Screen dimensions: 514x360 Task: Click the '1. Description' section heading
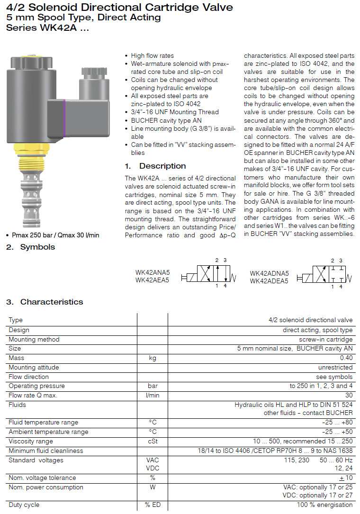155,166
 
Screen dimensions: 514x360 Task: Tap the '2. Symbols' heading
30,247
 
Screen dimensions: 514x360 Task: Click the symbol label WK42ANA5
152,272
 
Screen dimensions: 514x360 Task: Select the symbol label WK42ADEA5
269,281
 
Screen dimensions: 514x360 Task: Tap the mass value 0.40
346,358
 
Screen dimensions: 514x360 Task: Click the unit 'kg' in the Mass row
152,358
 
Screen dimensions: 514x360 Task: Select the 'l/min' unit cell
152,396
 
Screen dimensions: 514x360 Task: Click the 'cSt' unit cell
152,441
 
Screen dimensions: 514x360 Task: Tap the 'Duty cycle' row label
24,505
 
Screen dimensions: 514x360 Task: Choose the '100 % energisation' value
324,505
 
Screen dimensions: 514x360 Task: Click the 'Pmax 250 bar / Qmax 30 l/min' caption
55,235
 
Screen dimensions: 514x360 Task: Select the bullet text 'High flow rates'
152,55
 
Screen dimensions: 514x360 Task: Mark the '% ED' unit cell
153,505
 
